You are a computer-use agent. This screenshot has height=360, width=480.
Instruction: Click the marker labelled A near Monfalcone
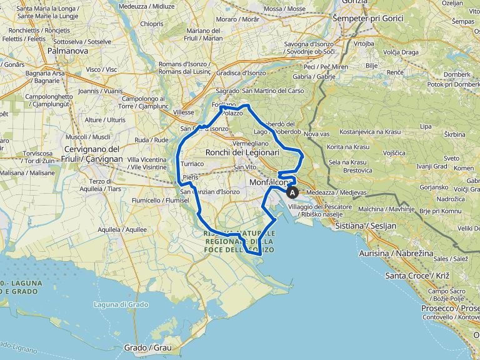tap(292, 193)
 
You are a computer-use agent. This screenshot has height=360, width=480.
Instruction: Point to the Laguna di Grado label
tap(120, 304)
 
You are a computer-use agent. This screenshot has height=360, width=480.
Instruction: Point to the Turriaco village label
tap(192, 163)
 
